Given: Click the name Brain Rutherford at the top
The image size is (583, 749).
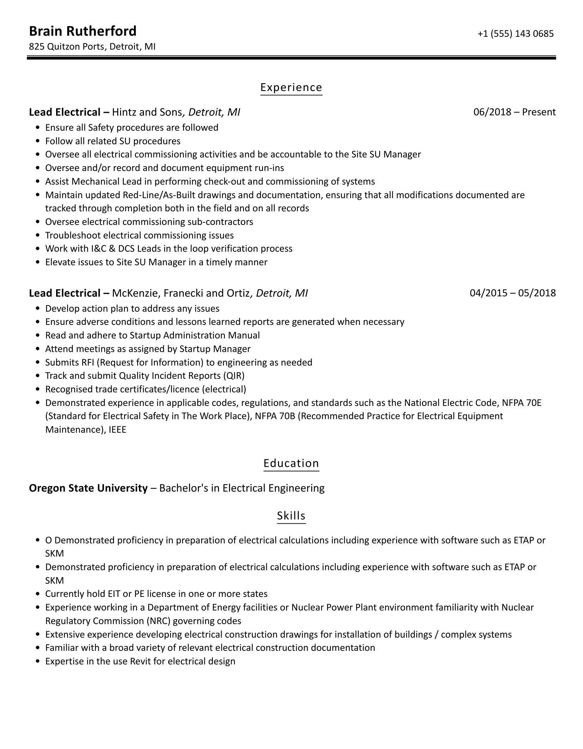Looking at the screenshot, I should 83,31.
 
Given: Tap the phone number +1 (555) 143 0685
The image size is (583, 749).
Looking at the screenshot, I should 515,34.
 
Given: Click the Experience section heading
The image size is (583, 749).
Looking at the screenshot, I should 291,87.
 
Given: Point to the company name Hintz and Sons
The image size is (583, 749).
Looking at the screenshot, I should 147,112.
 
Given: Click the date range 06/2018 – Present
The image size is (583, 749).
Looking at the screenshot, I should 514,112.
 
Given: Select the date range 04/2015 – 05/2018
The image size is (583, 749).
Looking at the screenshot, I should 513,293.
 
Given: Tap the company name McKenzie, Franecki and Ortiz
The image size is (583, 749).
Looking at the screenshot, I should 181,293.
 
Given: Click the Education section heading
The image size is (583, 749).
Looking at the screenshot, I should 291,463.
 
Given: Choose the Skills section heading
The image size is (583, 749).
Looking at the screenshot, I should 291,516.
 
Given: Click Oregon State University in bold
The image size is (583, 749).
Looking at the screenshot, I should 88,488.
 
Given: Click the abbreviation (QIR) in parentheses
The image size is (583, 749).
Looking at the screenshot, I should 234,376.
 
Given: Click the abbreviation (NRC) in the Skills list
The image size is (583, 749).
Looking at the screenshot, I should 159,621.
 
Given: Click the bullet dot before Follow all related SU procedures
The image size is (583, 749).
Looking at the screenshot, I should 38,141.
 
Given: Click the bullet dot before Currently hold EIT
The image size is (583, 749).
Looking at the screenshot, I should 38,594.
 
